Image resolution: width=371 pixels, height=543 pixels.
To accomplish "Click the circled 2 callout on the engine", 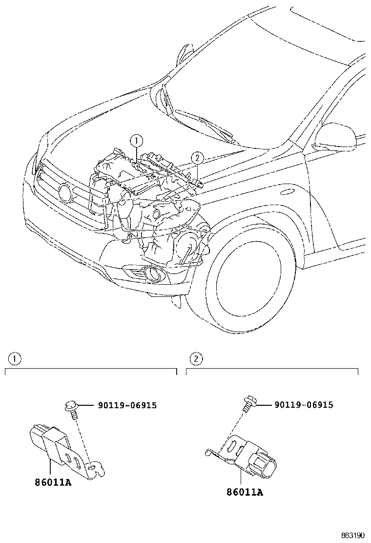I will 196,157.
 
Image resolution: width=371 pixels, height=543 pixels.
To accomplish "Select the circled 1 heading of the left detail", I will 15,359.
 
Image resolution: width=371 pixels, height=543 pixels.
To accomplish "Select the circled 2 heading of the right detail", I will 196,359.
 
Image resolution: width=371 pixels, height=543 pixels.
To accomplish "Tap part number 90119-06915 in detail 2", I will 304,405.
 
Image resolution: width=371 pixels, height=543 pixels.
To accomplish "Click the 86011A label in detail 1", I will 53,483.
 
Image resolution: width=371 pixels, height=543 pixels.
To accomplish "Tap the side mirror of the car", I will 335,136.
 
